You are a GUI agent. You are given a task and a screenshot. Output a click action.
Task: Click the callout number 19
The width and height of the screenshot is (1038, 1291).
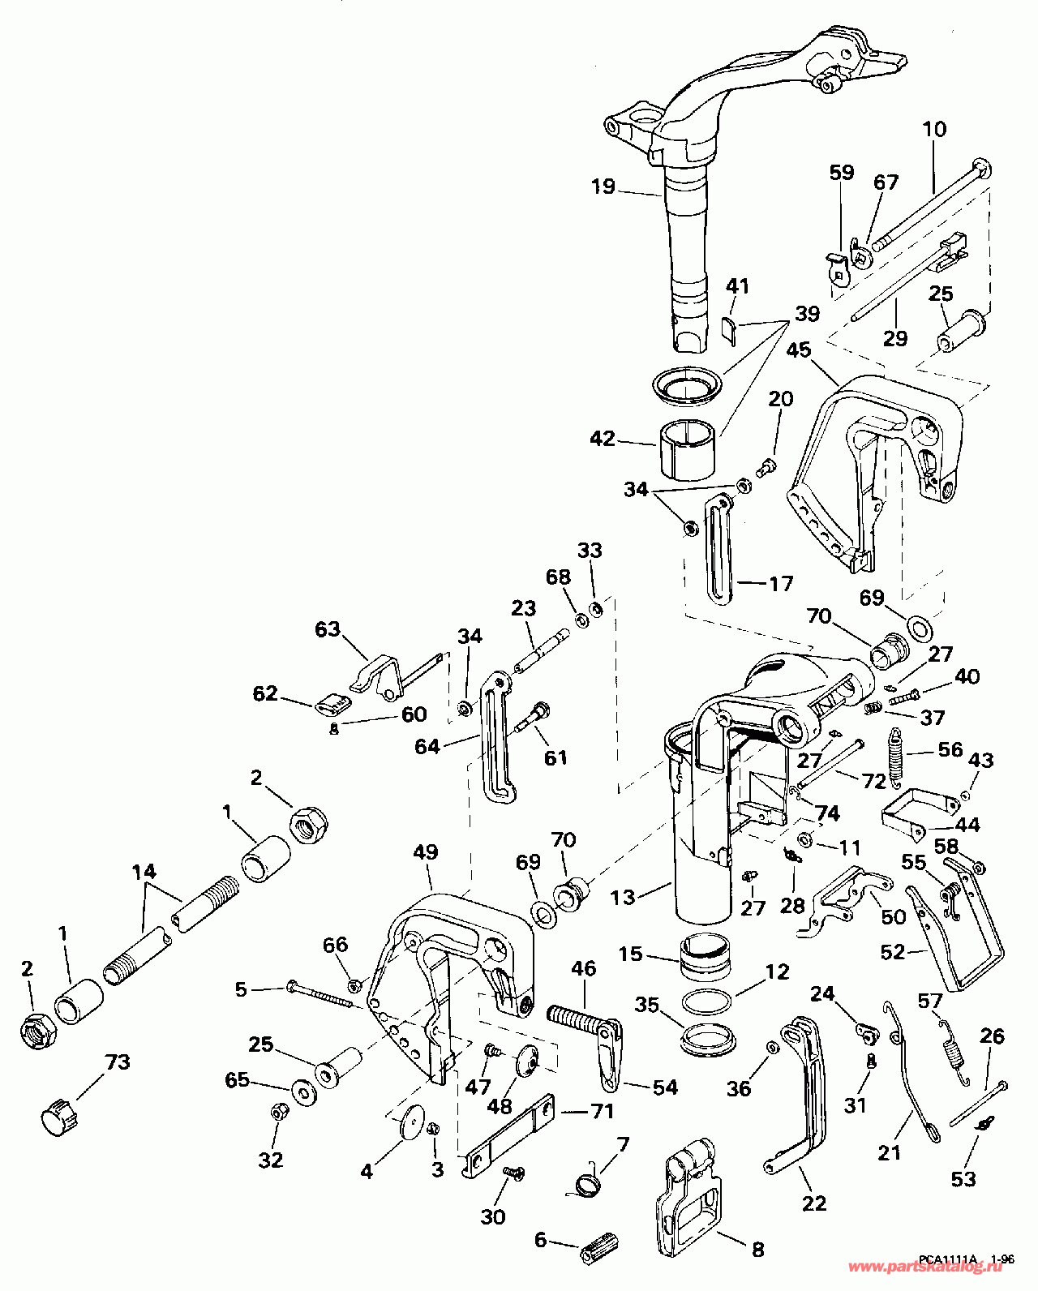point(603,187)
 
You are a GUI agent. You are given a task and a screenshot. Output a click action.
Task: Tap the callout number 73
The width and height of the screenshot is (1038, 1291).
point(117,1062)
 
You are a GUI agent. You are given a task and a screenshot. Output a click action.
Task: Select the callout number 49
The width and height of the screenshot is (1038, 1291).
point(426,851)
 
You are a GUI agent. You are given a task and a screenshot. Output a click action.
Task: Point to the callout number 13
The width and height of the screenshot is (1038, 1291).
point(623,897)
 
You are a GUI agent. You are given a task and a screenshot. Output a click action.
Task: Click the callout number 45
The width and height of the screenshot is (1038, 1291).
point(798,350)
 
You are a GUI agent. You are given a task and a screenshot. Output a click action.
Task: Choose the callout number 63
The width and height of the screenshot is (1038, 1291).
point(328,629)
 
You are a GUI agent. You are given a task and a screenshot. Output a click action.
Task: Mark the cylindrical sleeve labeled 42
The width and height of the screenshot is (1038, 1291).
point(688,449)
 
